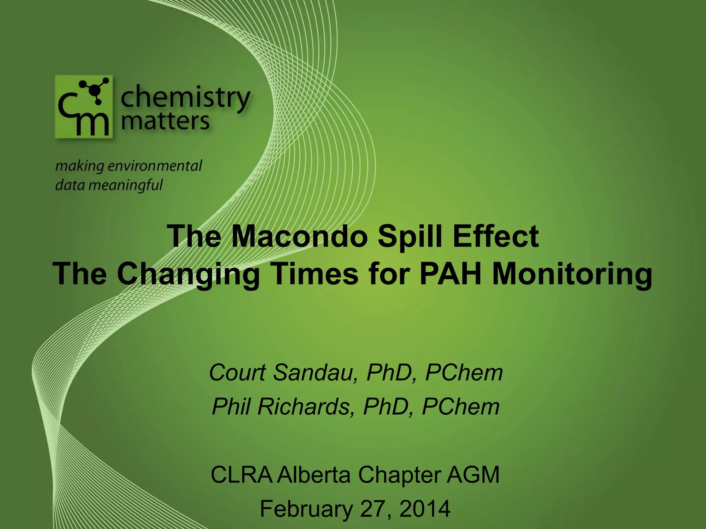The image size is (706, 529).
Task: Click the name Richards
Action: [303, 407]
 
